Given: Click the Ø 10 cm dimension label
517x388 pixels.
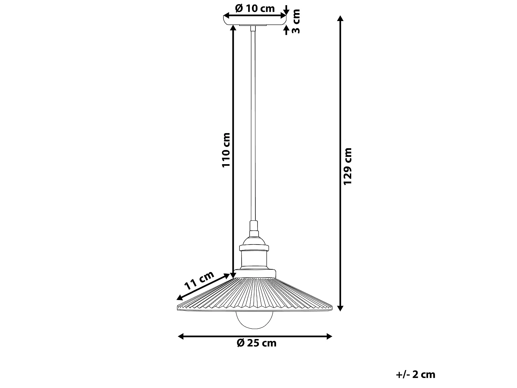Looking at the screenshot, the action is [255, 9].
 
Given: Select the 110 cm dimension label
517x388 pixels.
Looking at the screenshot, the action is [226, 150].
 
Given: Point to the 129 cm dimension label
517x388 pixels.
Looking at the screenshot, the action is [348, 166].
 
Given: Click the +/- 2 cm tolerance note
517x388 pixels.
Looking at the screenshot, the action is [416, 375].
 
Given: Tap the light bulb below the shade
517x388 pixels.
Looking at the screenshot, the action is [254, 320].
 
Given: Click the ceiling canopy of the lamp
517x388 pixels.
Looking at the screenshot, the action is [255, 20].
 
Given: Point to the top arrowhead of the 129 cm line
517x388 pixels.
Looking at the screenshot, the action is [340, 18].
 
